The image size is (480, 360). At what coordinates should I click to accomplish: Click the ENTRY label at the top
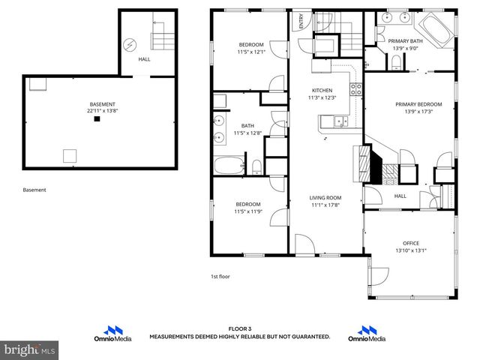coord(301,20)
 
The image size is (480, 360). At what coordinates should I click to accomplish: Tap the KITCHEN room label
coord(322,89)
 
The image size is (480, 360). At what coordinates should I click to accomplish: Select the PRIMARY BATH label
coord(406,42)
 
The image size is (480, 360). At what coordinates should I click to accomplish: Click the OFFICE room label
coord(410,243)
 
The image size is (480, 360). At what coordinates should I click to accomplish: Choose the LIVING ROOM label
coord(325,198)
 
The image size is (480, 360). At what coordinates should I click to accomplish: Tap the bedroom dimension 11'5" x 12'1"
coord(250,52)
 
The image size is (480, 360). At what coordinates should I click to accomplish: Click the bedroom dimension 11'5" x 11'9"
coord(247,211)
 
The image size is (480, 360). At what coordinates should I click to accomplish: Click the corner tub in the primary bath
coord(435,28)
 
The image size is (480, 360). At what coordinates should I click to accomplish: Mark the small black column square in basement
coord(95,118)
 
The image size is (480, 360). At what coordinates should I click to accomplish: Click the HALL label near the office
coord(400,196)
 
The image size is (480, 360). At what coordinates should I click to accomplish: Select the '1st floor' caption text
coord(220,277)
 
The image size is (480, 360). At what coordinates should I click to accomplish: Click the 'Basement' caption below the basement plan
coord(34,190)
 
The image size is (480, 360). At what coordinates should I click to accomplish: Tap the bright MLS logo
coord(29,350)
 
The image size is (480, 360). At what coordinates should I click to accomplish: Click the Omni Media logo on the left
coord(112,334)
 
